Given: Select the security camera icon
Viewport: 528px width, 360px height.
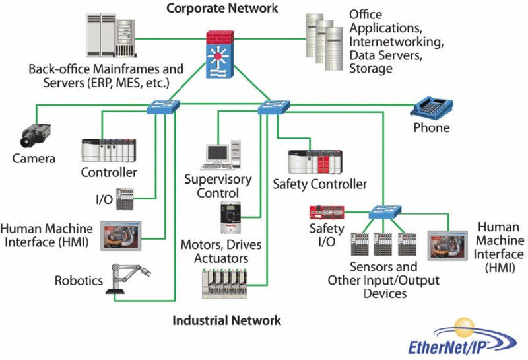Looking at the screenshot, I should [x=32, y=136].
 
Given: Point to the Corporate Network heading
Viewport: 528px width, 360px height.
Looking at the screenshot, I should [x=222, y=9].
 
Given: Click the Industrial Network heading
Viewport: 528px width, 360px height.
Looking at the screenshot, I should [x=226, y=320].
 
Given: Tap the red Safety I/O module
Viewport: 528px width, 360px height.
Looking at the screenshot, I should [x=326, y=213].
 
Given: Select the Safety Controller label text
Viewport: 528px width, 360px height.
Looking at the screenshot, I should [x=319, y=184].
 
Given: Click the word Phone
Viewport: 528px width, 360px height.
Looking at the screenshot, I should [x=431, y=127].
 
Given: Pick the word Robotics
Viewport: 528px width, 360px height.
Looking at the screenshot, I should [x=79, y=281].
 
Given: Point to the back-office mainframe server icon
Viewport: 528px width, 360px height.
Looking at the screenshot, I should [x=108, y=36].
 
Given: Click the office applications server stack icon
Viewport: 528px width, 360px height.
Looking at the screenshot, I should [x=319, y=39].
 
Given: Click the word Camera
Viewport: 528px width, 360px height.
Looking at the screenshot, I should [x=34, y=159].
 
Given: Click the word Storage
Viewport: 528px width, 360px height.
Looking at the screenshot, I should [x=370, y=68].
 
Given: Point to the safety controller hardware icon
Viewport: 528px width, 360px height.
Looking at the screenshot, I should [x=315, y=162].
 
